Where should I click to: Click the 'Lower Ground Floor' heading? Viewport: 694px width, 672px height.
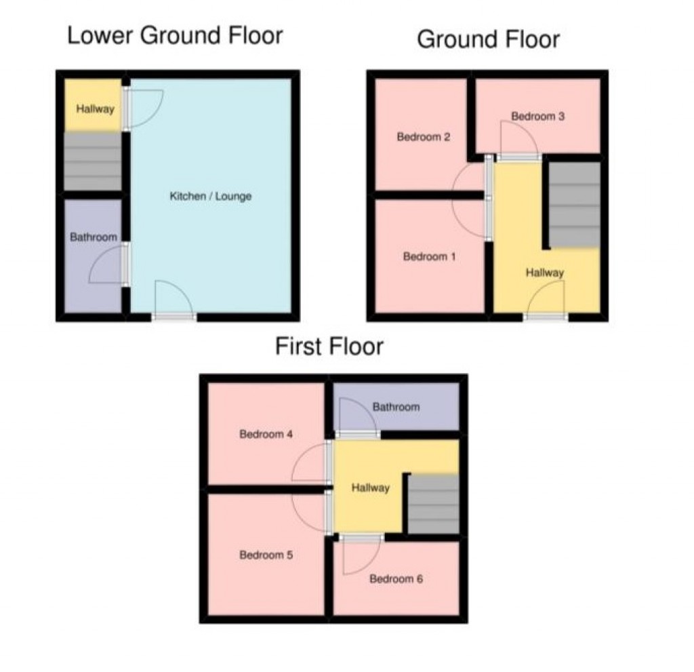[x=174, y=36]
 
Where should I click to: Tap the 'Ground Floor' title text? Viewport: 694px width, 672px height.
[x=488, y=39]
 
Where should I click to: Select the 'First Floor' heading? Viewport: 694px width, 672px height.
[x=329, y=347]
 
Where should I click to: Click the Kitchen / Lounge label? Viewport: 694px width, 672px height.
[x=210, y=197]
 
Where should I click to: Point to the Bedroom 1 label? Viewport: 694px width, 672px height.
[x=425, y=257]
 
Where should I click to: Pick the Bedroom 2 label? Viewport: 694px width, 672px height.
[x=424, y=137]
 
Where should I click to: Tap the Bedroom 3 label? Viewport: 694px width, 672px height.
[x=537, y=117]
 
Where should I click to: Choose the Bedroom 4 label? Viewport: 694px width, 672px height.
[x=266, y=435]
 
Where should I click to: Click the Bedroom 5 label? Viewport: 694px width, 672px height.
[x=266, y=555]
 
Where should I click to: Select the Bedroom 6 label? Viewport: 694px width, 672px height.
[x=396, y=579]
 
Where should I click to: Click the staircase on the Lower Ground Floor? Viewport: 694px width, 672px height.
[x=93, y=161]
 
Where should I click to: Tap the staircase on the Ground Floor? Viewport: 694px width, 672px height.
[x=573, y=205]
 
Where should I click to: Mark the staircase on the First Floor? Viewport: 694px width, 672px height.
[x=434, y=503]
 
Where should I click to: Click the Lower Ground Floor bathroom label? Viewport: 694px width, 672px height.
[x=94, y=237]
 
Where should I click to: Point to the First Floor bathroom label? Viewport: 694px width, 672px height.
[x=396, y=407]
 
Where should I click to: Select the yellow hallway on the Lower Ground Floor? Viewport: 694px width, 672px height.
[x=94, y=108]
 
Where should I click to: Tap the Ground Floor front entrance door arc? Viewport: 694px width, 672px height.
[x=548, y=297]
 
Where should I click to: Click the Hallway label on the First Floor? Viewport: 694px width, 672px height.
[x=370, y=488]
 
